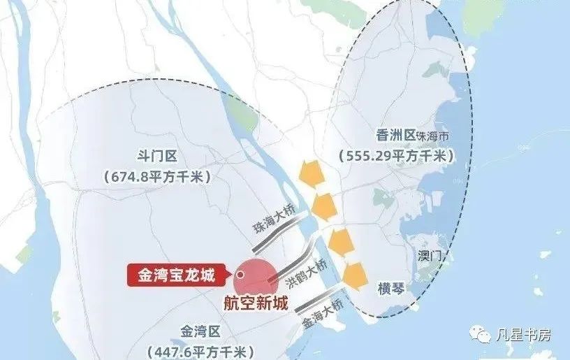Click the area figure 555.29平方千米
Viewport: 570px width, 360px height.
[x=395, y=155]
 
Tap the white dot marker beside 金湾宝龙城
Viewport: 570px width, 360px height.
[x=240, y=275]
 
